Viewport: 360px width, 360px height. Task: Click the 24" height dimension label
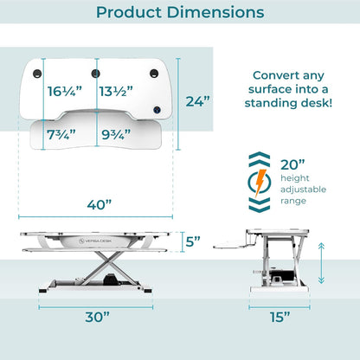coord(198,101)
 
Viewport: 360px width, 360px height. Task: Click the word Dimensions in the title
coord(215,12)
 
